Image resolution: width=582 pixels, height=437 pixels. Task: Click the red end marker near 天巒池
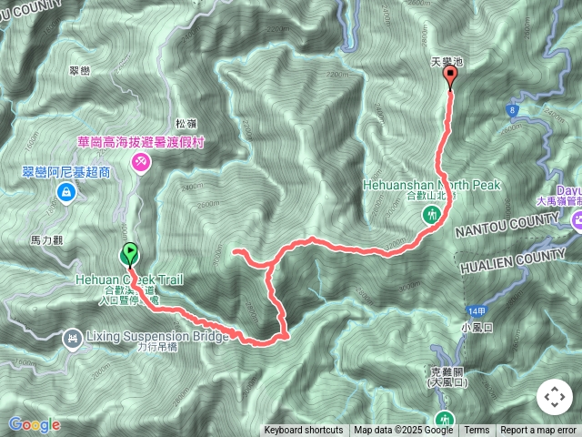click(449, 78)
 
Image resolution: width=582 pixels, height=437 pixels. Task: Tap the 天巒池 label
click(447, 62)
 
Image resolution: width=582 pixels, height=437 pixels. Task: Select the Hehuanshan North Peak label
click(431, 185)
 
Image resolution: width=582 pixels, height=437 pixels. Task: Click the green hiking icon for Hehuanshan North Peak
click(432, 215)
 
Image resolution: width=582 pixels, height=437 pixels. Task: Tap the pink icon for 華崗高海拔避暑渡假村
click(141, 162)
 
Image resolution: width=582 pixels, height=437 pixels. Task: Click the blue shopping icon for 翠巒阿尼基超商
click(66, 192)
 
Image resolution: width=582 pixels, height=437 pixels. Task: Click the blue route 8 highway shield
click(513, 110)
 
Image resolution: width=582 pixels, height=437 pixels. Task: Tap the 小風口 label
click(476, 327)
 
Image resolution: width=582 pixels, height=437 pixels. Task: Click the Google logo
click(34, 424)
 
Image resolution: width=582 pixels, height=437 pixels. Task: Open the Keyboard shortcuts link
click(304, 431)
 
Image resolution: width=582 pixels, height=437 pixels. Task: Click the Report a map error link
click(537, 431)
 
